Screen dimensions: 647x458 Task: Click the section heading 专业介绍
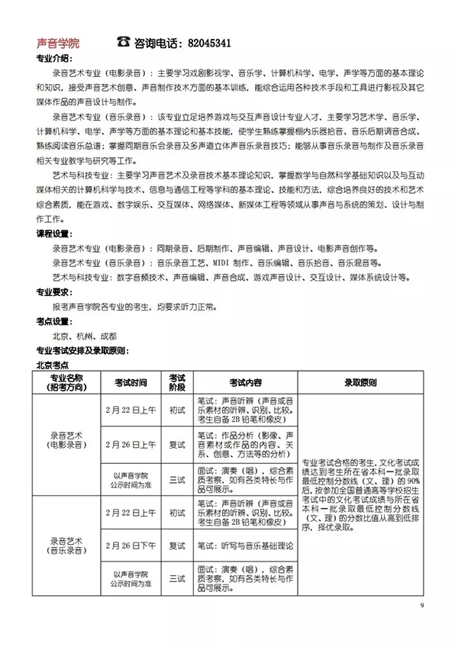(x=54, y=59)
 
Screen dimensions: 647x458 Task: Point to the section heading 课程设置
(x=54, y=232)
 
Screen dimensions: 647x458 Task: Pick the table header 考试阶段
(x=177, y=382)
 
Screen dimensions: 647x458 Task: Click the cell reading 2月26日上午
(x=131, y=444)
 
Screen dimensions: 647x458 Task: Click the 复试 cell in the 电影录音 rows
(x=177, y=444)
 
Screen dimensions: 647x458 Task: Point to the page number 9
(x=421, y=605)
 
